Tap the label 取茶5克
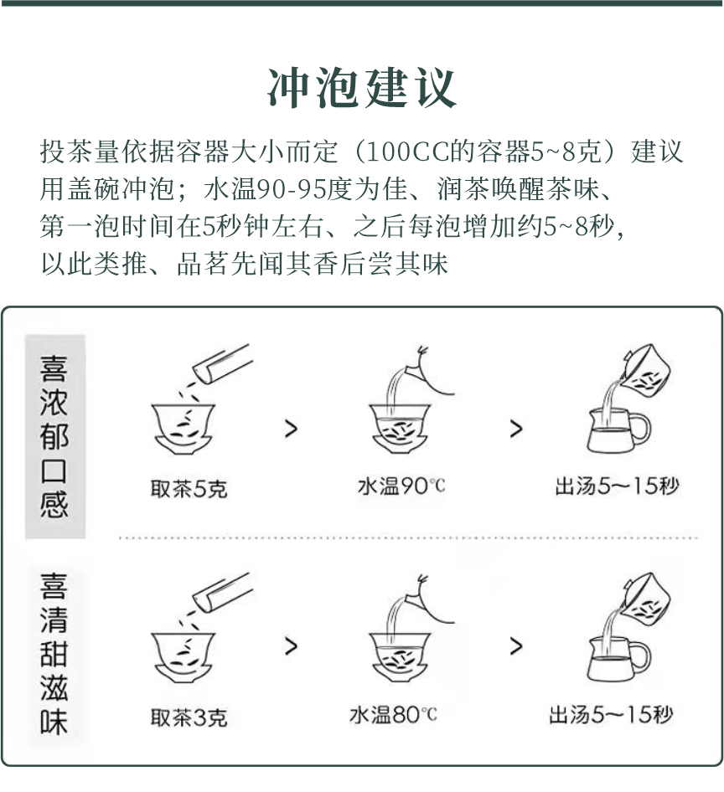coord(189,489)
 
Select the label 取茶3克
coord(189,717)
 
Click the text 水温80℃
coord(393,715)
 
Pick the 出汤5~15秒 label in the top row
coord(616,486)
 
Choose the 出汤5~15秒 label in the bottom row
coord(610,715)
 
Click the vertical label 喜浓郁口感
coord(54,437)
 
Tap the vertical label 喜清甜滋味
coord(54,653)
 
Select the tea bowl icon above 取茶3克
coord(183,655)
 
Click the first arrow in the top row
coord(291,429)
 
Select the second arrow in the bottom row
coord(516,646)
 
